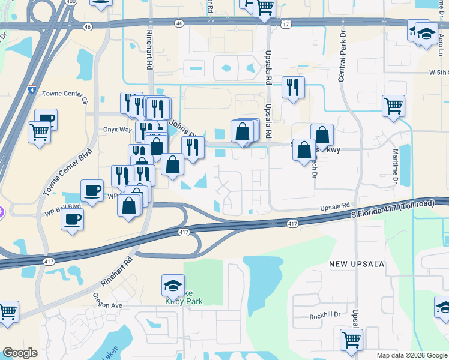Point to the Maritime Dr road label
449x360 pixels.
pos(396,167)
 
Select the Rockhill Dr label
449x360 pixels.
pos(325,316)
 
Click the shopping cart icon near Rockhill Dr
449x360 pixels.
pos(351,339)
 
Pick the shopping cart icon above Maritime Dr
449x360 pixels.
pos(393,106)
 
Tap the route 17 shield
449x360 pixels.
pos(285,23)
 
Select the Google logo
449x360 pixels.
pos(20,353)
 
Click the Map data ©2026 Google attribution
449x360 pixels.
pos(411,355)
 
